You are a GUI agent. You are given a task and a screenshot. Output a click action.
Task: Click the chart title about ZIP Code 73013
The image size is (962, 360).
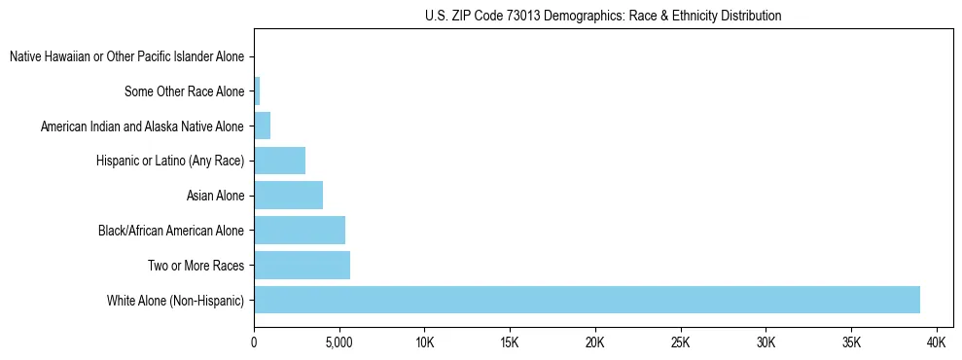coord(603,16)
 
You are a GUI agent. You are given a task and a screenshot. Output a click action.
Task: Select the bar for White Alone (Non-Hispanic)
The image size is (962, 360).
coord(587,300)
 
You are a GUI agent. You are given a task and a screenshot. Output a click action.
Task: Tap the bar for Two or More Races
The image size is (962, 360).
coord(302,265)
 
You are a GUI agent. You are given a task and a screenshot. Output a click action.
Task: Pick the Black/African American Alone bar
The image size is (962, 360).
coord(300,231)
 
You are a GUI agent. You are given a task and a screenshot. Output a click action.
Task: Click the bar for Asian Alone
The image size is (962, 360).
coord(288,196)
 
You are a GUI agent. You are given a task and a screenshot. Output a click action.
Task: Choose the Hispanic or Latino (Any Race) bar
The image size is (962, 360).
coord(279,161)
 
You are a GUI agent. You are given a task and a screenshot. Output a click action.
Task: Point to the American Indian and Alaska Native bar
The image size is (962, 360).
coord(262,126)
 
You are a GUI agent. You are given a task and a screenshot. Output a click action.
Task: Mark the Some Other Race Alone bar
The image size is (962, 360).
coord(257,91)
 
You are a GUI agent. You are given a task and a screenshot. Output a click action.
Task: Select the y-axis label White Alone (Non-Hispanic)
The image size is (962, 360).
coord(175,300)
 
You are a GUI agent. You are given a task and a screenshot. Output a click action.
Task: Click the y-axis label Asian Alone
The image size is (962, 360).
coord(215,196)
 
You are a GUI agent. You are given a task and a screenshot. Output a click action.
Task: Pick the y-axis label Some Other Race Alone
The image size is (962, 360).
coord(184,91)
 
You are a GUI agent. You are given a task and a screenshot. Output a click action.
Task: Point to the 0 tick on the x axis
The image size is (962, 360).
coord(254,342)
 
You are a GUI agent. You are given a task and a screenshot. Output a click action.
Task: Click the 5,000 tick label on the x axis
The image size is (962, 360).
coord(339,342)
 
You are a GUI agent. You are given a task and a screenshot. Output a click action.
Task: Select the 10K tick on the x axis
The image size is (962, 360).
coord(424,342)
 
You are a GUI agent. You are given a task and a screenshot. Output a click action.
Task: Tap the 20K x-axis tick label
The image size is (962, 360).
coord(595,342)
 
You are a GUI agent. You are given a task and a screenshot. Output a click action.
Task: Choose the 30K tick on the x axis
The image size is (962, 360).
coord(766,342)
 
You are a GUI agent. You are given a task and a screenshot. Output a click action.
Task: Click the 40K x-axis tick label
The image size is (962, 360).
coord(937,342)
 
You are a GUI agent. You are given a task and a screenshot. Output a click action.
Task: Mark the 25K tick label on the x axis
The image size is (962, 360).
coord(680,342)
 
